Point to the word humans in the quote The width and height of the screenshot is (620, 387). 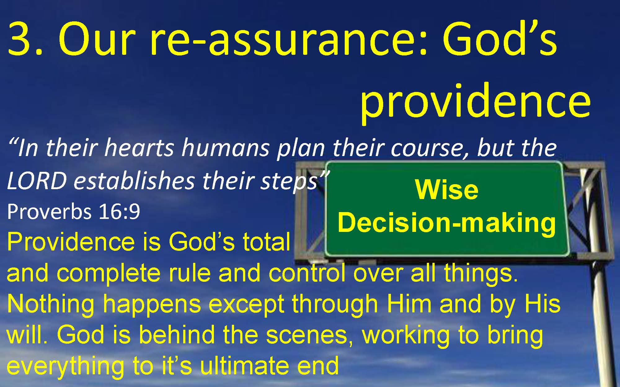point(225,148)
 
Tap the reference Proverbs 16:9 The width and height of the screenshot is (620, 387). point(73,212)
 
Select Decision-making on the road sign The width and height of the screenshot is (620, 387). point(447,223)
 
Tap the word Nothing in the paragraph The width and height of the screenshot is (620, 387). point(51,304)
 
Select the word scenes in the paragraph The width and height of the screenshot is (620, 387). point(307,336)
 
